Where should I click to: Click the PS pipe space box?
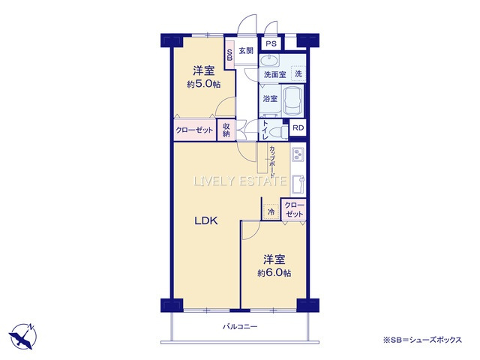pos(271,43)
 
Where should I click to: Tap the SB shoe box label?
pos(229,55)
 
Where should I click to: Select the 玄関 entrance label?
pos(246,51)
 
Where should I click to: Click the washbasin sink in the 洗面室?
pos(269,61)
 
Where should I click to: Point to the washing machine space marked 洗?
pos(298,73)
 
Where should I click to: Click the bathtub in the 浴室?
pos(292,100)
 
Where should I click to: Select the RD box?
pos(298,127)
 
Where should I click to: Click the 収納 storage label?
pos(226,130)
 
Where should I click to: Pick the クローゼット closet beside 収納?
pos(194,130)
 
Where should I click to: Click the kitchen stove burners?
pos(298,154)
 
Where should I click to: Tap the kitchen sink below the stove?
pos(298,184)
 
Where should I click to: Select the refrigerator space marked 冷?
pos(271,211)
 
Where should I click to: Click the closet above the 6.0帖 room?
pos(294,210)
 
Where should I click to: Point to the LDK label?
pos(206,220)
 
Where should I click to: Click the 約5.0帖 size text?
pos(204,85)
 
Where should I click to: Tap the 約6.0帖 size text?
pos(274,273)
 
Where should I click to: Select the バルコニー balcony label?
pos(240,327)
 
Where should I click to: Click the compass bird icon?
pos(23,336)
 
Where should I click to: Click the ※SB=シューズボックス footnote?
pos(422,340)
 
